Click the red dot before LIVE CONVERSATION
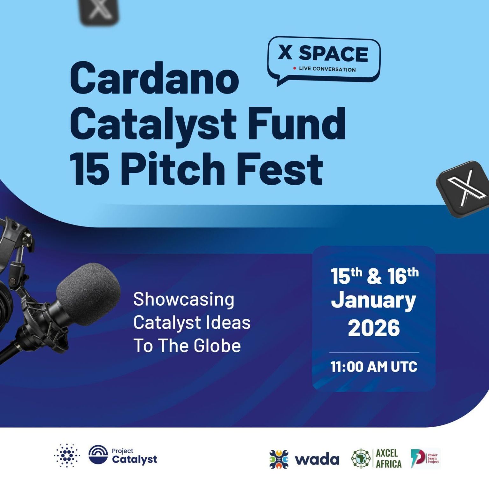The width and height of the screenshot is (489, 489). pos(295,68)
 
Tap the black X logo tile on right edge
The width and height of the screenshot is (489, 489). pos(464,189)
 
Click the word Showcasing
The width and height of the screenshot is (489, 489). pos(184,300)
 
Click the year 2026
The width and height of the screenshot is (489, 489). pos(374,328)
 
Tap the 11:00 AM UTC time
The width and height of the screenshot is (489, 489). pos(374,367)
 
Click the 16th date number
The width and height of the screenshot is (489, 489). pos(403,276)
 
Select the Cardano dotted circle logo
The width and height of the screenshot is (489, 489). pos(67,456)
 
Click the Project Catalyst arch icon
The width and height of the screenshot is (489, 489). pos(98,455)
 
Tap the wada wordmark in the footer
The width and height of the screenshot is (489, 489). pos(317,460)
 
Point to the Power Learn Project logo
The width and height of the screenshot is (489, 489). pos(425,458)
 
